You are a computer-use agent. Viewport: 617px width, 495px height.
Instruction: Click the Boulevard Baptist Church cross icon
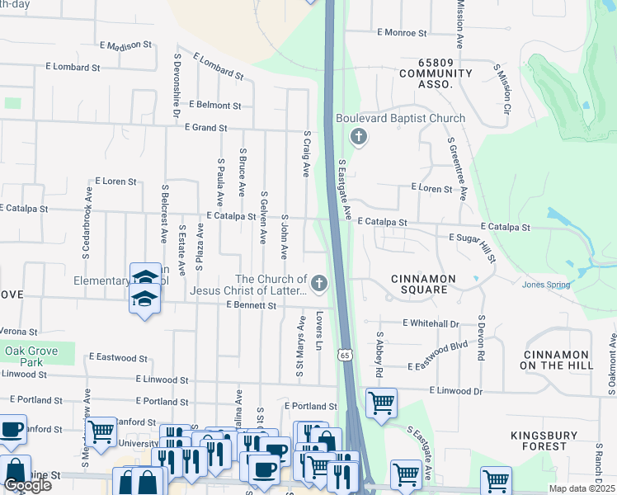tap(359, 137)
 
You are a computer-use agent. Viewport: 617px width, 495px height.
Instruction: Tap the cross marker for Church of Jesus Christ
tap(318, 285)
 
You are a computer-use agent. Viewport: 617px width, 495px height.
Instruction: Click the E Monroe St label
tap(402, 33)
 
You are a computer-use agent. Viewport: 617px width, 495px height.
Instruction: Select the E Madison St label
tap(125, 45)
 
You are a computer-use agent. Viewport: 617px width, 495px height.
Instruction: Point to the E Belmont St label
tap(214, 106)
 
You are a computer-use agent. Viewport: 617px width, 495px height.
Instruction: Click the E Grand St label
tap(205, 128)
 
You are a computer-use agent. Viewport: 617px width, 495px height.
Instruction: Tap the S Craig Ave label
tap(306, 153)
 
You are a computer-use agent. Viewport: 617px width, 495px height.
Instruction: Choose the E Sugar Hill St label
tap(471, 247)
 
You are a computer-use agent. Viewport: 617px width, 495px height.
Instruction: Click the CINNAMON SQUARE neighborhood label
tap(423, 284)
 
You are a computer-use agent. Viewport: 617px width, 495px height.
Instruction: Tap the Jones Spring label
tap(545, 285)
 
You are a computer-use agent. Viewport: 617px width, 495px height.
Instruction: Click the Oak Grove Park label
tap(31, 356)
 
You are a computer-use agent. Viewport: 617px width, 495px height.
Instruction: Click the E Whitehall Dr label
tap(431, 324)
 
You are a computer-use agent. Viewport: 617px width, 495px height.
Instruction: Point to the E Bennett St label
tap(251, 305)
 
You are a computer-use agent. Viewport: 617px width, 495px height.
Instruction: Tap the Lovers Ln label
tap(318, 330)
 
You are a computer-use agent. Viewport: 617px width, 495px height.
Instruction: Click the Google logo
tap(27, 485)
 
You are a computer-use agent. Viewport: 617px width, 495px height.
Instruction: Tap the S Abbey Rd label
tap(379, 355)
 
